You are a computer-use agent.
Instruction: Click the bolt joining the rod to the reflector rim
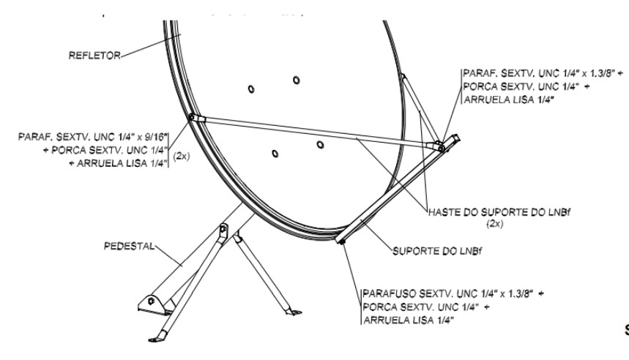pyautogui.click(x=191, y=116)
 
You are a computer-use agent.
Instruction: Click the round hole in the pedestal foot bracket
pyautogui.click(x=151, y=300)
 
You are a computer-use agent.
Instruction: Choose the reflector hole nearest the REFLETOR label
pyautogui.click(x=251, y=89)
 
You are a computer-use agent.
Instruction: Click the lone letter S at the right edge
pyautogui.click(x=625, y=330)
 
